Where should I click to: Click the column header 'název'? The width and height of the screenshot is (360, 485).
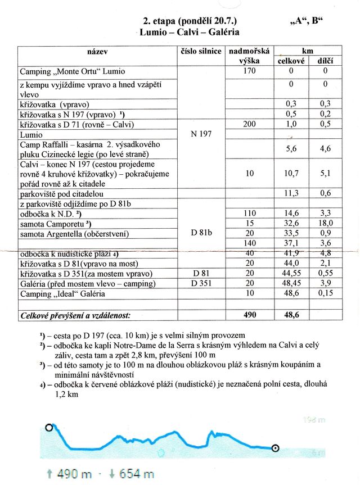(97, 52)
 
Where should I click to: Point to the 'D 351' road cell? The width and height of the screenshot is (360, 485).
(201, 283)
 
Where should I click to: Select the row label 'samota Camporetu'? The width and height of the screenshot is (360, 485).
(57, 223)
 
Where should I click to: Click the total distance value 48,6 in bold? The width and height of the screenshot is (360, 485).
(291, 315)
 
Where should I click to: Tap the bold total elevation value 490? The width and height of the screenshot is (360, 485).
(250, 315)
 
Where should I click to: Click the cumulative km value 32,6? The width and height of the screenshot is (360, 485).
(291, 223)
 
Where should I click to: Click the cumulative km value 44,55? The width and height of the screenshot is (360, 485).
(291, 274)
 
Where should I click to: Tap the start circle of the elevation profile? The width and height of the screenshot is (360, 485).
(49, 428)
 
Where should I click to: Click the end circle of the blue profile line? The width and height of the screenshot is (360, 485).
(275, 448)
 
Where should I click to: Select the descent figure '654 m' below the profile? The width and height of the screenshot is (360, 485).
(138, 474)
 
